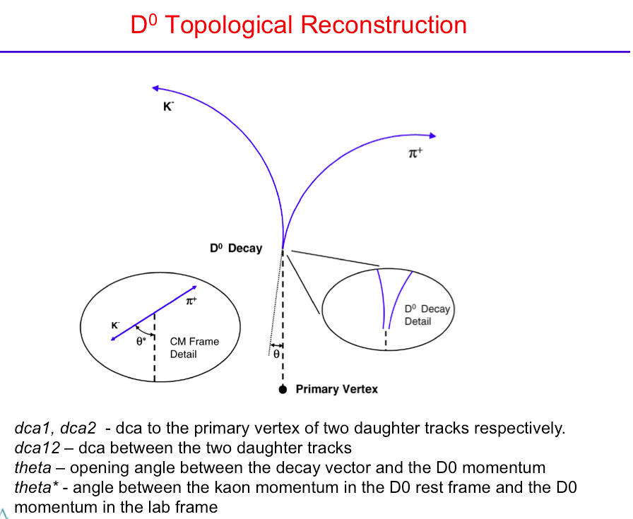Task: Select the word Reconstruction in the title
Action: click(x=384, y=25)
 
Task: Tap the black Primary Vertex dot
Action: click(x=283, y=390)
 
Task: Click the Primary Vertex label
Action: click(x=337, y=389)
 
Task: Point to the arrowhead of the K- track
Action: click(x=155, y=88)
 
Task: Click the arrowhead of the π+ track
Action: click(x=432, y=136)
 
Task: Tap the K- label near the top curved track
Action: click(x=168, y=106)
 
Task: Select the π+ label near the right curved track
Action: click(x=415, y=153)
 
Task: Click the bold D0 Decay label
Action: click(x=236, y=248)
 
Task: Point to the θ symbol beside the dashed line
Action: click(x=276, y=354)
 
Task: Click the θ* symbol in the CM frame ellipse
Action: click(x=141, y=342)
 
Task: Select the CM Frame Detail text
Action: click(x=194, y=347)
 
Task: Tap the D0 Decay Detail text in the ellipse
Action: click(x=427, y=315)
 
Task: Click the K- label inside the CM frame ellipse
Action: click(x=115, y=325)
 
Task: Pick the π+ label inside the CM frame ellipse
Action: click(x=191, y=301)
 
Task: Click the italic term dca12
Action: click(x=37, y=448)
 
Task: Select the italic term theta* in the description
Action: click(x=36, y=487)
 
